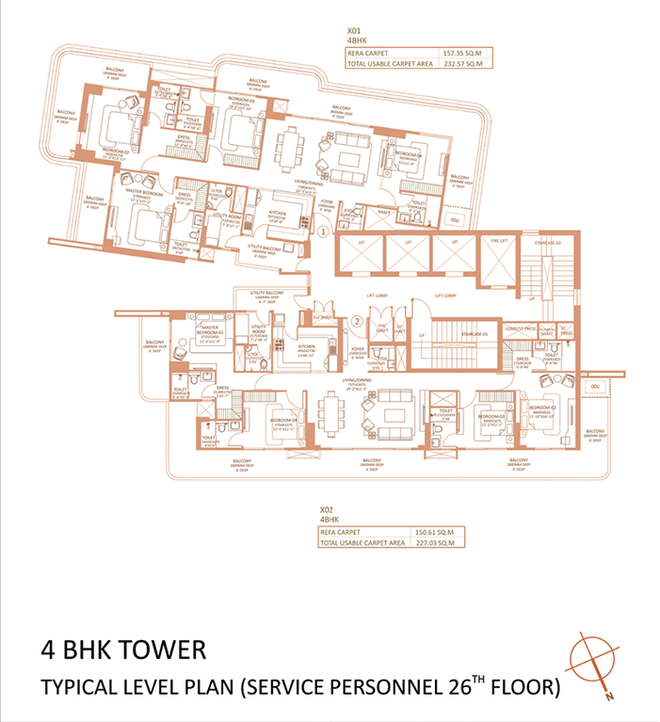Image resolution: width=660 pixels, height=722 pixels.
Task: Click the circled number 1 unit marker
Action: [x=322, y=230]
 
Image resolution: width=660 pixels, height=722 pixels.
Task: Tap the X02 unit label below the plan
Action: [x=328, y=508]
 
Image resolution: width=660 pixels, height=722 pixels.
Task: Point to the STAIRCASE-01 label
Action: [x=461, y=333]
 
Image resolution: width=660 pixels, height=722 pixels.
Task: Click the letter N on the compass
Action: [x=610, y=697]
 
